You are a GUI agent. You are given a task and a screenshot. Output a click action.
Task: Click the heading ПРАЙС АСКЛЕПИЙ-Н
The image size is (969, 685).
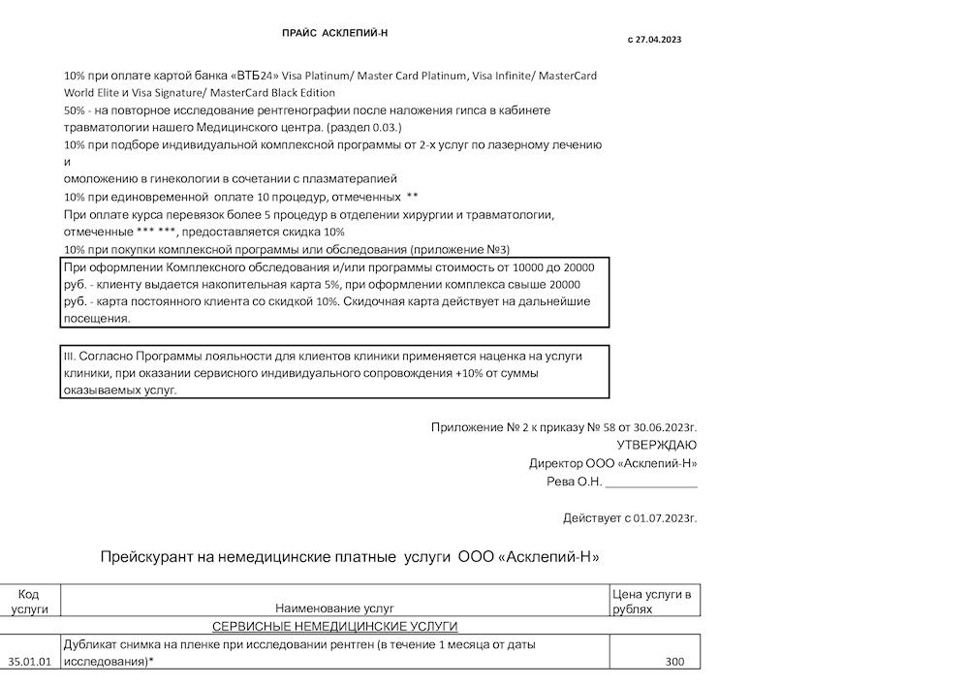(334, 33)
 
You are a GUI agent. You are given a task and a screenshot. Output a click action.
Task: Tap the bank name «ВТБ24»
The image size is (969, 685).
(256, 76)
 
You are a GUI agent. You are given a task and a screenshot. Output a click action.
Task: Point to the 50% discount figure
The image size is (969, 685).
(75, 110)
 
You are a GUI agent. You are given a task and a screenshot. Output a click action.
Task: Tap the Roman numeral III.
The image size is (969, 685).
(69, 356)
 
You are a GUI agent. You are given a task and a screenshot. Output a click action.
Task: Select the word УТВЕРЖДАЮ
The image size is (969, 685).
(657, 445)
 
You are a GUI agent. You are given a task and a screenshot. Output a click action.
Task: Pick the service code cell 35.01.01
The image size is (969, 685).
(29, 661)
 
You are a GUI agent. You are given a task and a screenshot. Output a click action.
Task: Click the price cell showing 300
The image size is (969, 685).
(675, 661)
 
